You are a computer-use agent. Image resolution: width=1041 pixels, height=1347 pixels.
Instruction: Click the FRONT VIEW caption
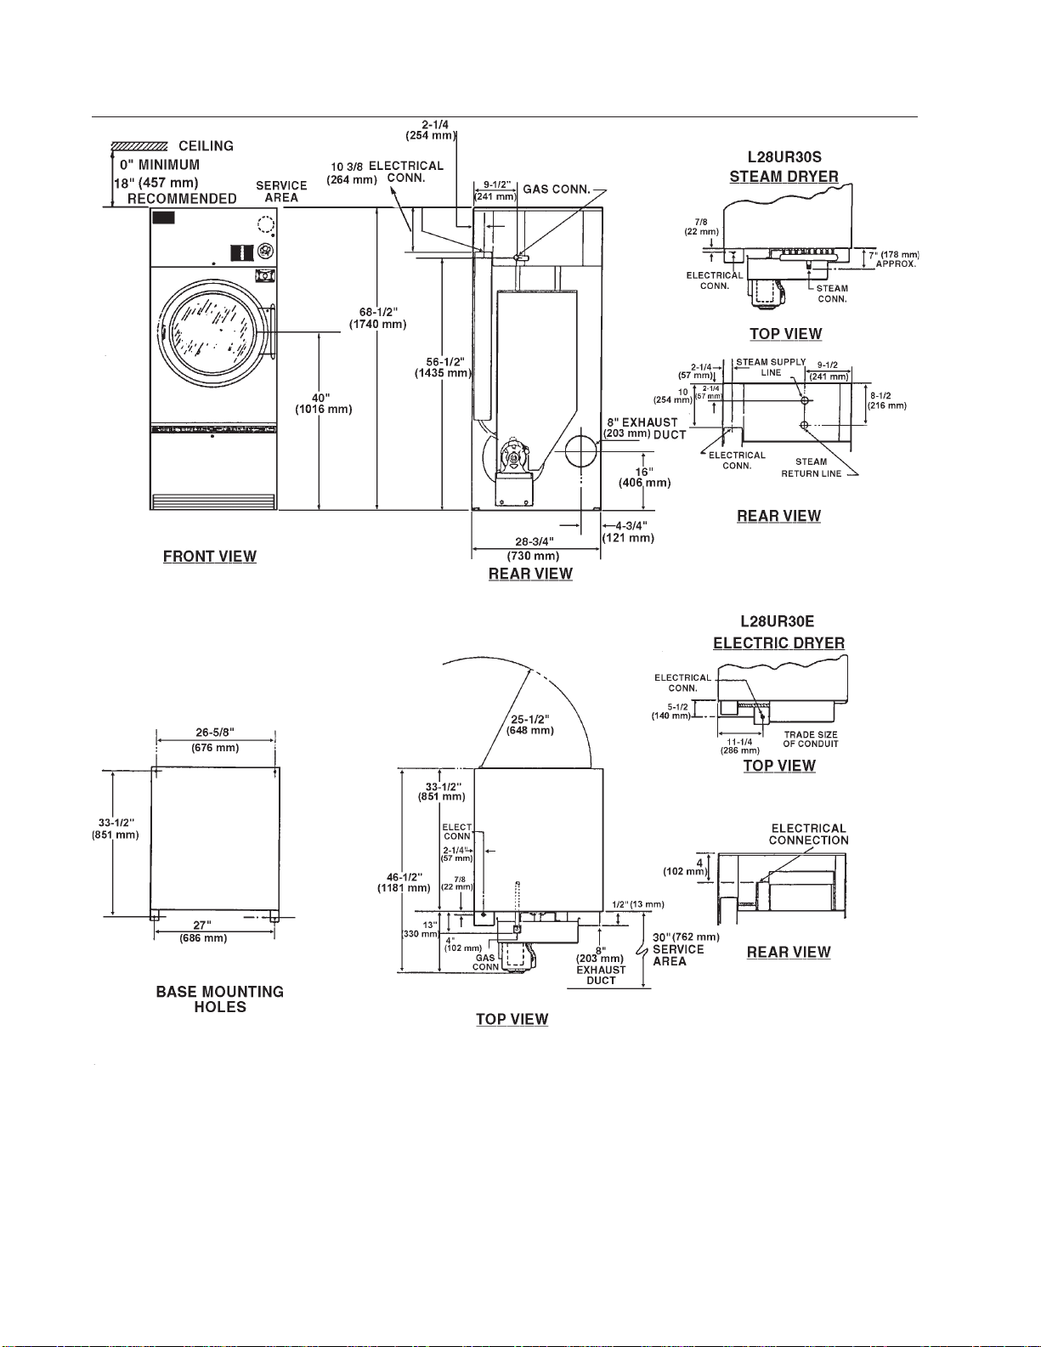pos(209,557)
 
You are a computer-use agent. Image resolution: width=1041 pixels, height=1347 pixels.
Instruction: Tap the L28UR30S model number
pos(784,157)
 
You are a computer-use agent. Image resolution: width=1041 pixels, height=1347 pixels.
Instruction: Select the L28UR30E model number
pos(777,622)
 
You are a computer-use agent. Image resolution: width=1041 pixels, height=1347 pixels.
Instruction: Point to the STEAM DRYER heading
pos(784,177)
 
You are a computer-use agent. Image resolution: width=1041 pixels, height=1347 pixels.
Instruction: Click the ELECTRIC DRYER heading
pos(779,643)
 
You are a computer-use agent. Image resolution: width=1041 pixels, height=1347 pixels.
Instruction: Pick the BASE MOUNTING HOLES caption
pos(220,999)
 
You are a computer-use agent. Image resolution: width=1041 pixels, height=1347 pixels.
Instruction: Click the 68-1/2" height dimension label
pos(378,318)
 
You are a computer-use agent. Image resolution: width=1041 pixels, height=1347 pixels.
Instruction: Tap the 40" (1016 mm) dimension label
pos(324,403)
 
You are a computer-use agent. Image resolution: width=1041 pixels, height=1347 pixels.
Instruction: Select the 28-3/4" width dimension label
pos(534,549)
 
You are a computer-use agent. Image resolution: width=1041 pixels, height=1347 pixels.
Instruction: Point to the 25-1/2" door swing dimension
pos(530,725)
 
